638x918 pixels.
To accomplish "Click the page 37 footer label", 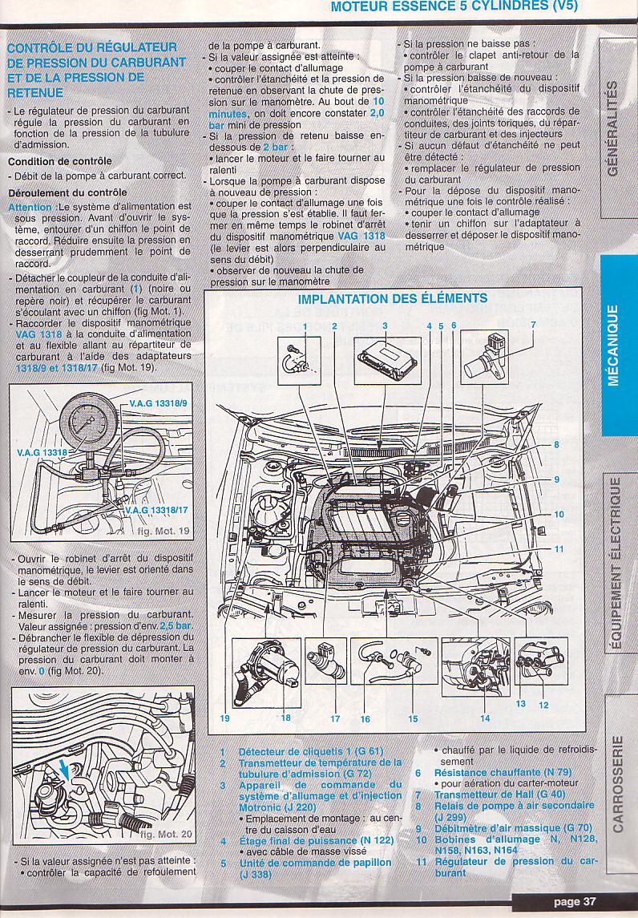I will tap(575, 901).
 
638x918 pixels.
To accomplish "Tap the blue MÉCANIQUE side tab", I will tap(614, 345).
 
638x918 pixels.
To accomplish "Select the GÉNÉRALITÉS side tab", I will tap(614, 128).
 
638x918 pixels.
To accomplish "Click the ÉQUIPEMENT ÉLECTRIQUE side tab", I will tap(614, 560).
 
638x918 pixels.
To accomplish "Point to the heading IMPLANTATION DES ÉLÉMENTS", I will tap(393, 299).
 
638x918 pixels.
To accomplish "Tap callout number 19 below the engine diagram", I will tap(224, 718).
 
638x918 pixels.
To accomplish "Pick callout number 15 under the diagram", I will tap(413, 719).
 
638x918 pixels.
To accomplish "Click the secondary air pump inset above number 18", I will tap(269, 669).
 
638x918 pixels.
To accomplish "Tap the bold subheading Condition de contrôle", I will tap(59, 161).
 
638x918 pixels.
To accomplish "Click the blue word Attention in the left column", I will tap(30, 208).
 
